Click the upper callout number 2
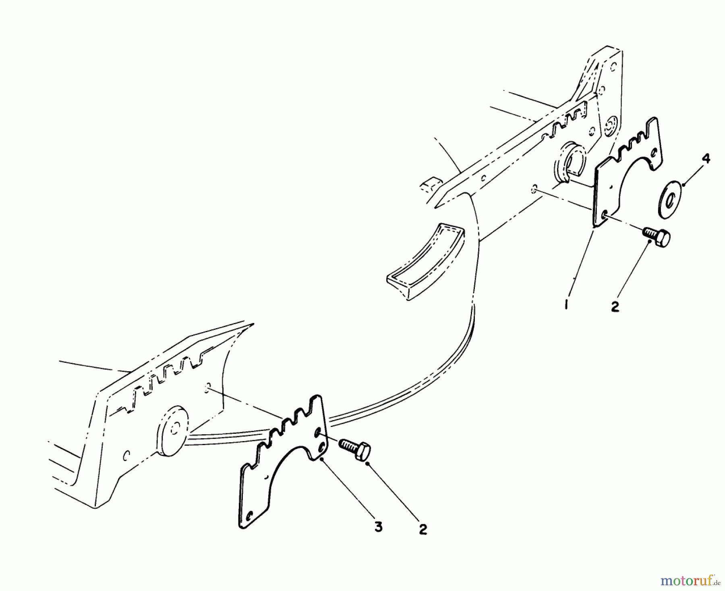point(615,306)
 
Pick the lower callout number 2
point(423,529)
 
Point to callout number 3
point(378,526)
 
